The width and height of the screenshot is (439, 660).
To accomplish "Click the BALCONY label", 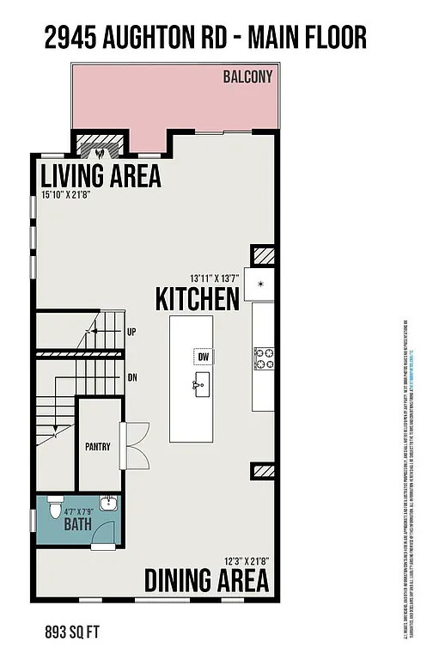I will coord(247,76).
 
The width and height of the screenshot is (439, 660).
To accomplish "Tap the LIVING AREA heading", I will coord(101,175).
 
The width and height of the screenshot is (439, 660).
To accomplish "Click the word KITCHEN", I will coord(197,299).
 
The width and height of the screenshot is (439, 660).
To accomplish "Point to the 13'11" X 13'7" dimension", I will coord(213,278).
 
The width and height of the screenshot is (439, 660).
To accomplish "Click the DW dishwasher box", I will coord(204,357).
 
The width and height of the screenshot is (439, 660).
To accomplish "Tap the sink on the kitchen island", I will coord(202,386).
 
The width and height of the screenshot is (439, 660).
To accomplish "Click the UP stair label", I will coord(131,332).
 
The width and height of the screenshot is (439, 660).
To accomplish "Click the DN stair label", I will coord(132,377).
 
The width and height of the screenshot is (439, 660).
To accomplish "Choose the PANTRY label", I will coord(98,447).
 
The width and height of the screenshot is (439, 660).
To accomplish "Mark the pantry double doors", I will coord(134,444).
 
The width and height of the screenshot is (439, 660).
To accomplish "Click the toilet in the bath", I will coord(56,508).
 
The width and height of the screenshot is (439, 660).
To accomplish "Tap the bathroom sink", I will coord(107,504).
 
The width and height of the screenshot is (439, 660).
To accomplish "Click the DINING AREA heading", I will coord(206,581).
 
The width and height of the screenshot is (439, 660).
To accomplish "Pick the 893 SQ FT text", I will coord(72,632).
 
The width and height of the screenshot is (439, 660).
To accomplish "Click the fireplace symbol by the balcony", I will coord(101,148).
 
